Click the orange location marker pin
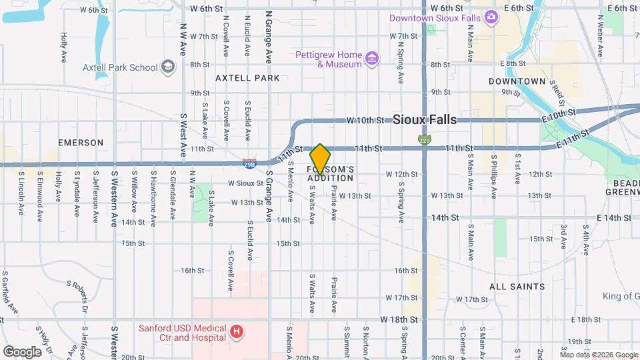click(x=320, y=159)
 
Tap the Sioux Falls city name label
click(x=425, y=120)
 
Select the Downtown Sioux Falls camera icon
click(x=491, y=17)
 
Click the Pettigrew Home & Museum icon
click(x=372, y=59)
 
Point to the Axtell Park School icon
click(x=168, y=67)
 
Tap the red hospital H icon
click(x=235, y=331)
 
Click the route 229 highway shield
click(x=425, y=140)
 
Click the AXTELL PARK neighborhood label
click(x=247, y=78)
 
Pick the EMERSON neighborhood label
click(x=81, y=143)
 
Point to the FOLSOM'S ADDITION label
click(x=330, y=174)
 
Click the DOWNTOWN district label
click(x=517, y=81)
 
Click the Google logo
click(x=21, y=351)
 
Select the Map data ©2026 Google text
click(x=599, y=355)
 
